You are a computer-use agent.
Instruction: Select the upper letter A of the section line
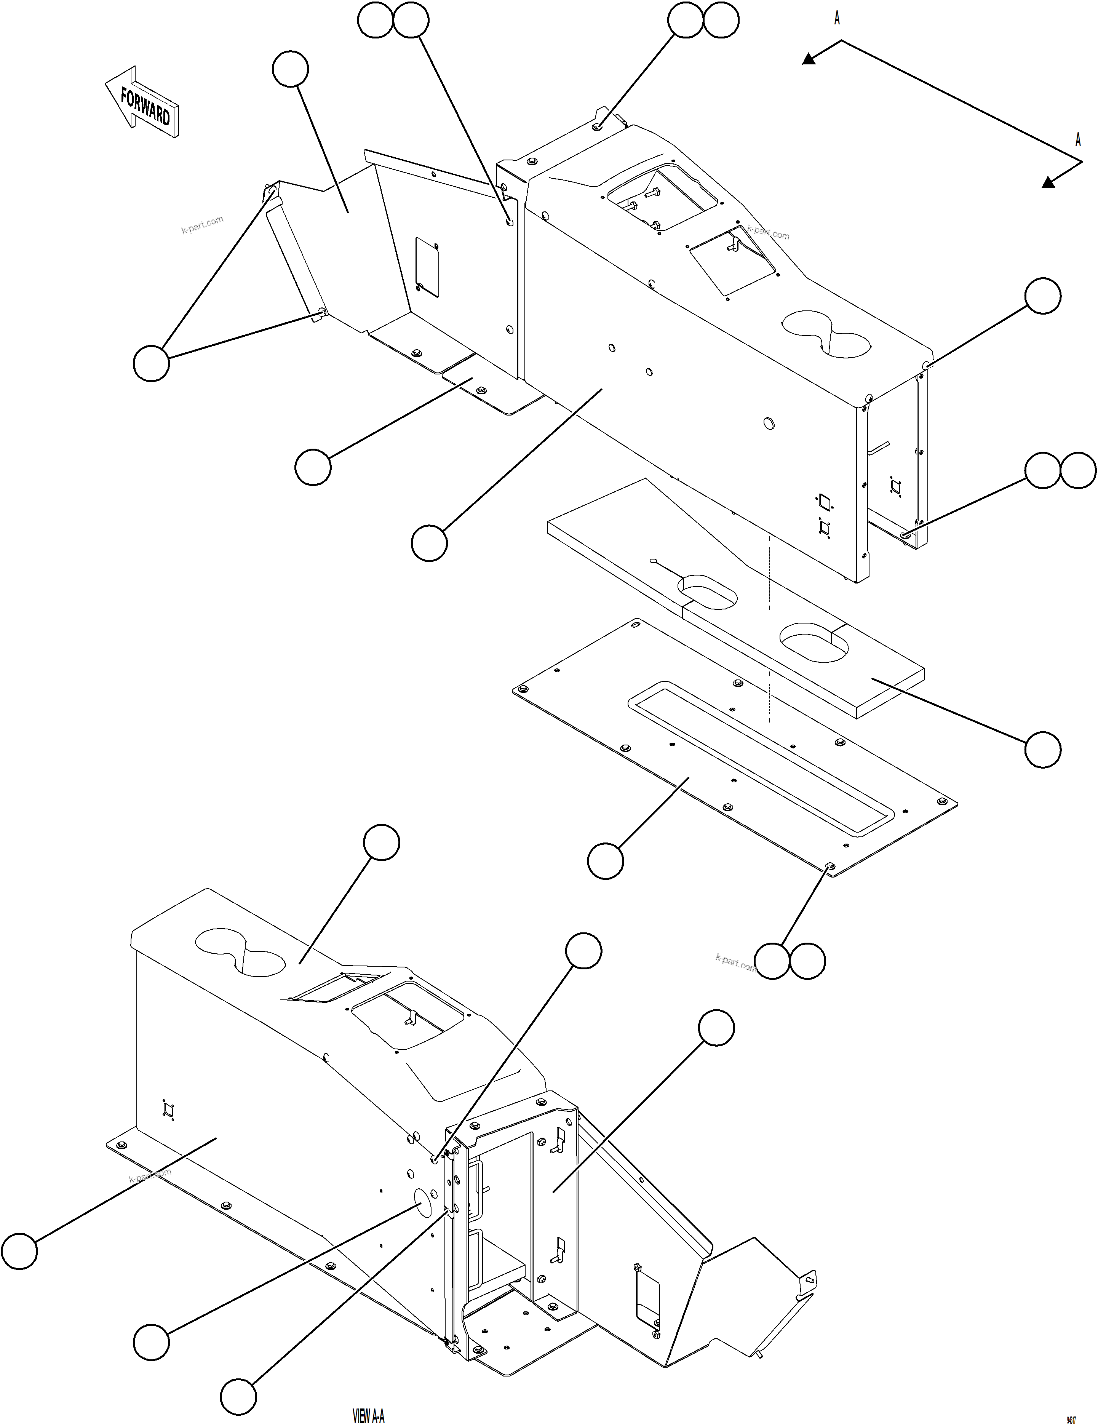[837, 19]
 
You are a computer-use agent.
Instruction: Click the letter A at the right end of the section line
[1078, 140]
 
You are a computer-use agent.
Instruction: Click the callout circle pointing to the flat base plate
[605, 860]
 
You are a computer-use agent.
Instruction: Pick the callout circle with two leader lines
[151, 363]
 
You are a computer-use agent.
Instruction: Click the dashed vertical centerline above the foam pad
[771, 627]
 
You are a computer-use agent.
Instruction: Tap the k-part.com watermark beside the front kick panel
[202, 225]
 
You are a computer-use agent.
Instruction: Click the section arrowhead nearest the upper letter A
[809, 59]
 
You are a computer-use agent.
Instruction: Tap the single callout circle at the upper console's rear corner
[1042, 296]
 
